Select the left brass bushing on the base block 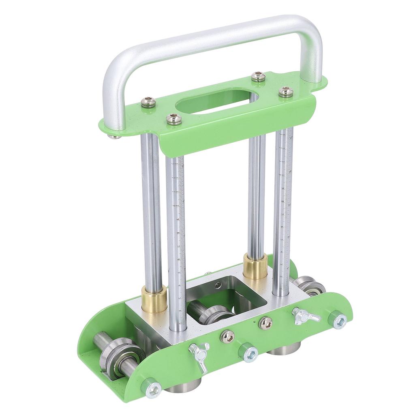point(154,299)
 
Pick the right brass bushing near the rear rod point(255,266)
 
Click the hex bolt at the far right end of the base point(340,322)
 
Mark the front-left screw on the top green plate point(174,119)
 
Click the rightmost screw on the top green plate point(286,92)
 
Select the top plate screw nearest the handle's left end point(148,102)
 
